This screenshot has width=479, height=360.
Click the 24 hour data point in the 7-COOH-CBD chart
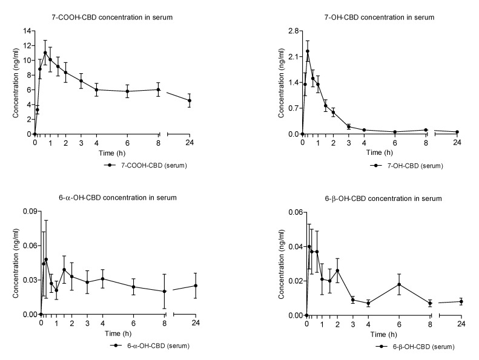coord(190,100)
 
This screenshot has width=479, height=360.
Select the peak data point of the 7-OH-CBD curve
coord(308,51)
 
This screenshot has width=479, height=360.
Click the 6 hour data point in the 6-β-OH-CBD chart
coord(399,284)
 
